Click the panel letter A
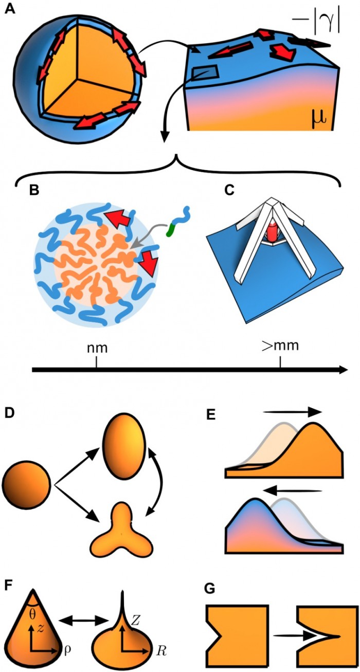9,9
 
